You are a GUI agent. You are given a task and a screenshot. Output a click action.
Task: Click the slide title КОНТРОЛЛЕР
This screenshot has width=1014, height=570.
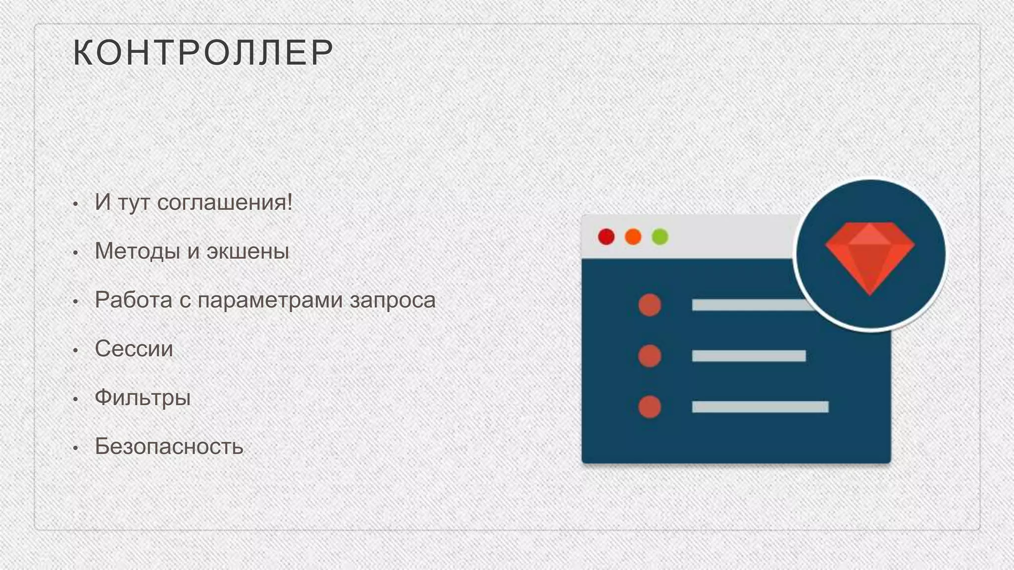203,52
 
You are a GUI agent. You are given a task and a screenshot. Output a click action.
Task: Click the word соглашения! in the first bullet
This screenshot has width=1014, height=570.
225,202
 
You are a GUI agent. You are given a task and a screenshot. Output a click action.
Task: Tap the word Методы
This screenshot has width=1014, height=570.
137,251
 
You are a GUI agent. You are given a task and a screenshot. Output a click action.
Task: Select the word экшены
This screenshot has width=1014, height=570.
248,251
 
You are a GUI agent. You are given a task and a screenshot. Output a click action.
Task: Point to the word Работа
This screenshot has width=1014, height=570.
133,300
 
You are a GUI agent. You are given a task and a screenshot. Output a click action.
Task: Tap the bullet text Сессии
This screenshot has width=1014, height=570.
134,349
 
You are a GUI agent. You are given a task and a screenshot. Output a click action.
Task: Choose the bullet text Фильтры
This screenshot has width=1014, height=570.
143,398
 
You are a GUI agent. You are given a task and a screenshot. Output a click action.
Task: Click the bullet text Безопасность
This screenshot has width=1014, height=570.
169,446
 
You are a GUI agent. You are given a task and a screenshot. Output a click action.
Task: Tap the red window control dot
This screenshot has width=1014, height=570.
606,237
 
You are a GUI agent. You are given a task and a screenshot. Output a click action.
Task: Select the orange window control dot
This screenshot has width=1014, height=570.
633,237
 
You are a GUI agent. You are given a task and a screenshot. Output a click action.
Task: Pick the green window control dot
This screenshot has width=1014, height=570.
659,237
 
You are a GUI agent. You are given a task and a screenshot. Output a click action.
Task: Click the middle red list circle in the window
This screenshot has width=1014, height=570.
650,356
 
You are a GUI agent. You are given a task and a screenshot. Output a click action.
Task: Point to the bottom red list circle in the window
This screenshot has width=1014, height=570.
650,407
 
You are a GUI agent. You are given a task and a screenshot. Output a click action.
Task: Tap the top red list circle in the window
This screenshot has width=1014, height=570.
650,305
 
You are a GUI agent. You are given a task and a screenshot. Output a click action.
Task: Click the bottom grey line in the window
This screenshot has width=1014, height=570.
760,407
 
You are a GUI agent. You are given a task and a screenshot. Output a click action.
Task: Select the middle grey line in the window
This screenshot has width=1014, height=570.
749,356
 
